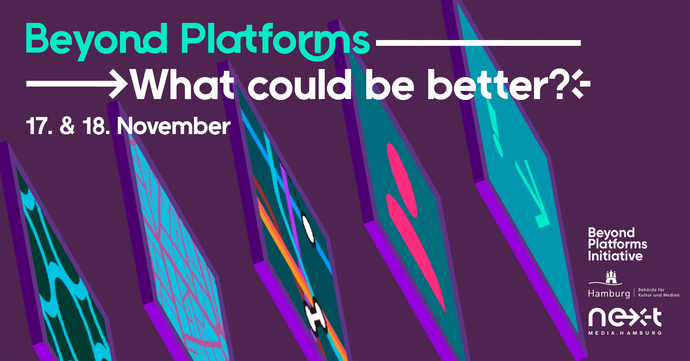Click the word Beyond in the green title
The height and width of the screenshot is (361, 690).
coord(96,40)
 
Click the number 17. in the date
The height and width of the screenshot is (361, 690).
coord(39,127)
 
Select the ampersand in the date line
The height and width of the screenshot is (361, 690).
coord(67,126)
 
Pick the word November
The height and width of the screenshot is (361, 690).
coord(174,127)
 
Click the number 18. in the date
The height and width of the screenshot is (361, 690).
coord(96,127)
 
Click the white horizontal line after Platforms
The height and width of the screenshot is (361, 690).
coord(478,43)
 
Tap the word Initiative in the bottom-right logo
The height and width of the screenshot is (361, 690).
coord(615,256)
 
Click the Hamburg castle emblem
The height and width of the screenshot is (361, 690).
coord(610,277)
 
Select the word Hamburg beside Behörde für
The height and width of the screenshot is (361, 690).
coord(609,294)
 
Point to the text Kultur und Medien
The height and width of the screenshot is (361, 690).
coord(659,295)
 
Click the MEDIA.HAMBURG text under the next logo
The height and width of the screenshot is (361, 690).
coord(625,333)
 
